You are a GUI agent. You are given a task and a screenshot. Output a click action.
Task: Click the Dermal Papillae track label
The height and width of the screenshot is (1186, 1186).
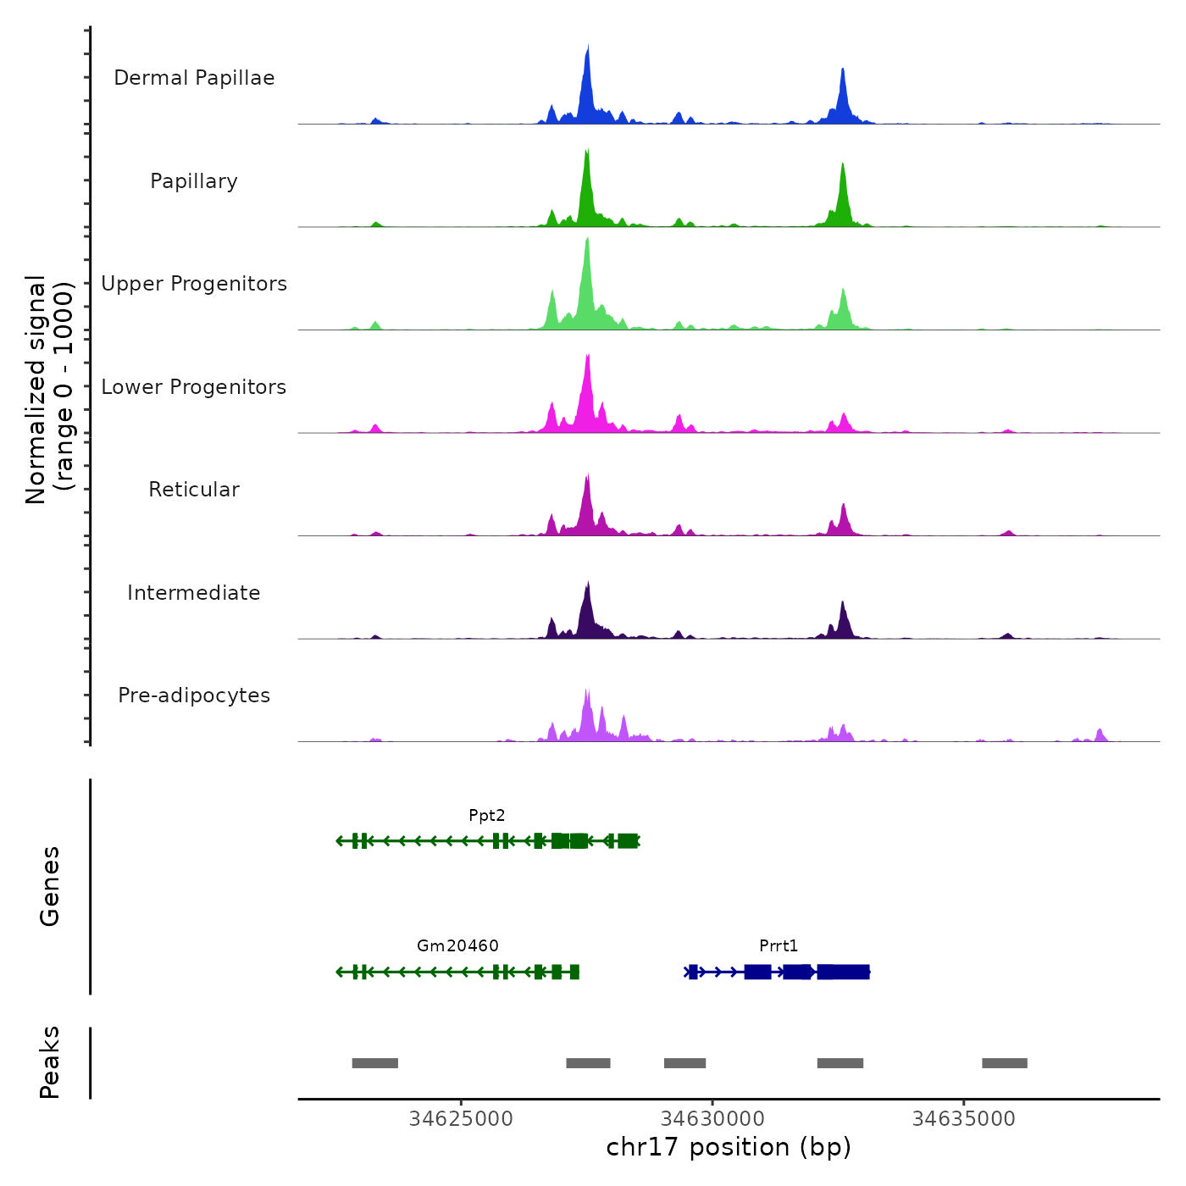click(x=194, y=78)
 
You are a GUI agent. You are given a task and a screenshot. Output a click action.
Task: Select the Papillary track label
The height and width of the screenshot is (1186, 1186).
click(x=194, y=181)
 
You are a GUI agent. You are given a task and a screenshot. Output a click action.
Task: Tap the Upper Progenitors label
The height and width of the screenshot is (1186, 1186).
click(x=194, y=284)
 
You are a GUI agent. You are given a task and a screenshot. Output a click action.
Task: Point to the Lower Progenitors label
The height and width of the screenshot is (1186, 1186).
click(x=194, y=387)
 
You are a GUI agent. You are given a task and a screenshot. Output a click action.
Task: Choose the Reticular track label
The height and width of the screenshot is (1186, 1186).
click(x=194, y=490)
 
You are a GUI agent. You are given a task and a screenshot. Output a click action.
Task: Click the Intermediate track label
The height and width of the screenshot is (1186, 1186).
click(x=194, y=593)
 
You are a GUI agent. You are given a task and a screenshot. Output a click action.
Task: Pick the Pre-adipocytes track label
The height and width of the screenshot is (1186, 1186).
click(x=194, y=696)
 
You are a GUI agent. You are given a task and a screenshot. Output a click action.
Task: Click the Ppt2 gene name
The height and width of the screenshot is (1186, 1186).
click(x=487, y=816)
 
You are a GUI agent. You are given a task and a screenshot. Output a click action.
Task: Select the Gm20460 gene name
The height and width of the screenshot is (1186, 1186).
click(x=457, y=946)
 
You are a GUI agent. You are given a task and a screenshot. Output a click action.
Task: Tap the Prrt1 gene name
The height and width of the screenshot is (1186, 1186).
click(x=779, y=946)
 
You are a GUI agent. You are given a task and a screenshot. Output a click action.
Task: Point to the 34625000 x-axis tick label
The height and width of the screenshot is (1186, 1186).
click(x=461, y=1119)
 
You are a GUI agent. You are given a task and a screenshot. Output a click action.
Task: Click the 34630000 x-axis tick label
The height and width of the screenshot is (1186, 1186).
click(x=712, y=1119)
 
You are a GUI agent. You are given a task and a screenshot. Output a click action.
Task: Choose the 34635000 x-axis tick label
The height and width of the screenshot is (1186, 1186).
click(x=963, y=1119)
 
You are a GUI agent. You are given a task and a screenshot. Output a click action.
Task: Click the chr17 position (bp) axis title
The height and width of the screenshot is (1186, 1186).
click(x=729, y=1147)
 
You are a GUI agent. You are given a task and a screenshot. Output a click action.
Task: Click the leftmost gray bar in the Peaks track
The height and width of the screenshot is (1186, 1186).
click(x=374, y=1063)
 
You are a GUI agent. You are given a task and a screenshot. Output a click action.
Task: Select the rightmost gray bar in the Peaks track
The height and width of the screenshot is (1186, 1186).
click(x=1005, y=1063)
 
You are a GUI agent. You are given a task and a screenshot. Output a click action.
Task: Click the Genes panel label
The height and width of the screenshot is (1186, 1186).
click(x=50, y=886)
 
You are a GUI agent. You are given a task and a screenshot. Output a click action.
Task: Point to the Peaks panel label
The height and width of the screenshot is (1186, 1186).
click(x=50, y=1062)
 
